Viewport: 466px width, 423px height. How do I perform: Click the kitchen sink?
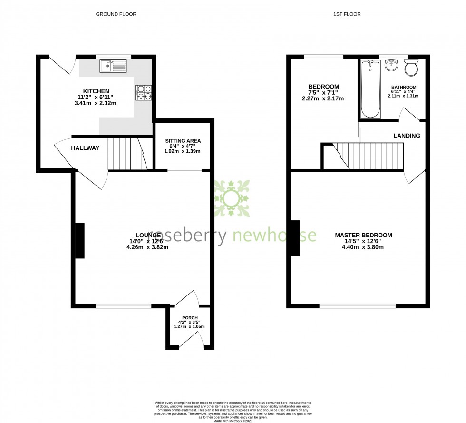pyautogui.click(x=113, y=66)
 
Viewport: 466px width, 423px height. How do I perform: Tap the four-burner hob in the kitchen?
pyautogui.click(x=144, y=92)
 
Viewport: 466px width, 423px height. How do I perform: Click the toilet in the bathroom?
pyautogui.click(x=410, y=68)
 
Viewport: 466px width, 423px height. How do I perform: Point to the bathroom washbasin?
pyautogui.click(x=391, y=65)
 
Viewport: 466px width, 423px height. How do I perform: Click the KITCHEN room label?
pyautogui.click(x=97, y=91)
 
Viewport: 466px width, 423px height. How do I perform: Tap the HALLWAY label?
pyautogui.click(x=85, y=148)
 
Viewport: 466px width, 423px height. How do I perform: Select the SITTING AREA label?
pyautogui.click(x=183, y=141)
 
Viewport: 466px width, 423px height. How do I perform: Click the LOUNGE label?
pyautogui.click(x=148, y=235)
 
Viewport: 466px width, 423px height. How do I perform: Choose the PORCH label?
pyautogui.click(x=190, y=318)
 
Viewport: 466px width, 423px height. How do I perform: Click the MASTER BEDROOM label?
pyautogui.click(x=363, y=235)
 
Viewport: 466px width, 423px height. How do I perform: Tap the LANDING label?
pyautogui.click(x=407, y=136)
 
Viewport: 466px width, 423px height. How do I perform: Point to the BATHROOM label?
pyautogui.click(x=403, y=88)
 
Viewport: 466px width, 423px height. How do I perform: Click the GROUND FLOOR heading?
pyautogui.click(x=116, y=14)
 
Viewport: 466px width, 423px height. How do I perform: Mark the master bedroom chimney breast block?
pyautogui.click(x=295, y=238)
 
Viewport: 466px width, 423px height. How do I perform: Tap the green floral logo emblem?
pyautogui.click(x=232, y=198)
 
